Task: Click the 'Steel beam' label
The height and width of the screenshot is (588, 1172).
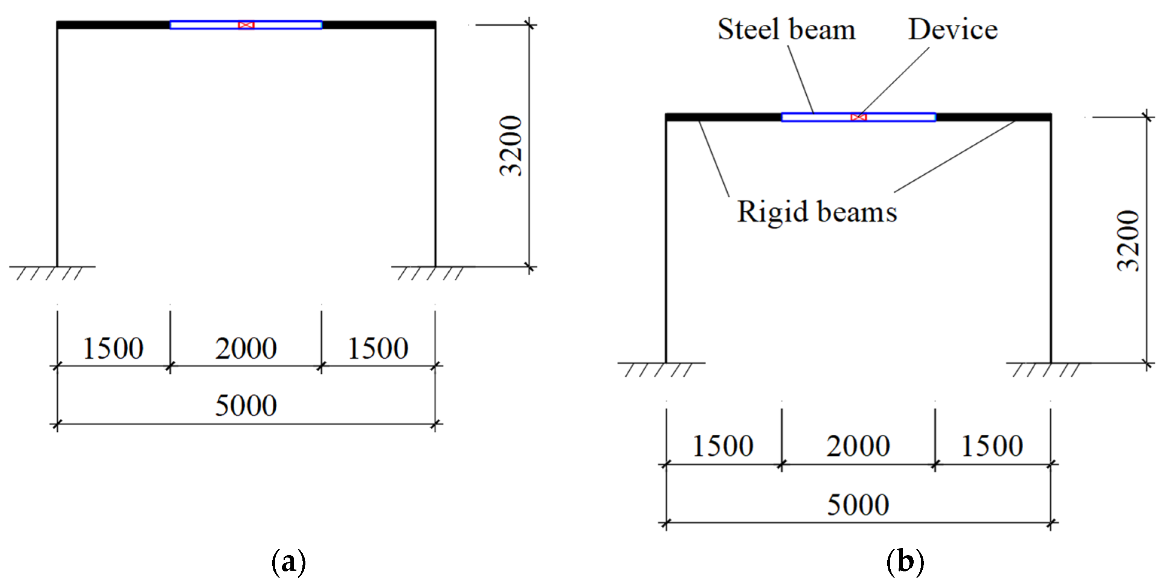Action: pos(786,30)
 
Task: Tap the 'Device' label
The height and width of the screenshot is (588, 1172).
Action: pos(953,30)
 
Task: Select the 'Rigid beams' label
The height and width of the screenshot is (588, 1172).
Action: pos(816,212)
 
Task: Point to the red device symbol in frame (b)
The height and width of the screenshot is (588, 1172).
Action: pos(858,118)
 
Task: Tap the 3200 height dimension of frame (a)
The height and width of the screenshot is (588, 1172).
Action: pos(510,146)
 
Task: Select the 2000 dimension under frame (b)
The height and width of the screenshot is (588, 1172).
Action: pos(858,446)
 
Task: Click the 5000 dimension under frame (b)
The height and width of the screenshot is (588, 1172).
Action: pos(858,505)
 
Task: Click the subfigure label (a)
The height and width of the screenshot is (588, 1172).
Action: pos(288,562)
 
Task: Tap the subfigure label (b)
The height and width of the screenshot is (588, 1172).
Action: pos(905,562)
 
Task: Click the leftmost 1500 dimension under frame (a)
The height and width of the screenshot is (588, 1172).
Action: pos(113,348)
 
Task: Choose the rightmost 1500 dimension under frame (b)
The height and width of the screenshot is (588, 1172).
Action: pos(992,446)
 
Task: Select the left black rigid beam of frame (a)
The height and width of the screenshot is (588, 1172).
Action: pos(113,25)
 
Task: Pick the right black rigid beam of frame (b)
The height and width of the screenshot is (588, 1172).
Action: pos(993,118)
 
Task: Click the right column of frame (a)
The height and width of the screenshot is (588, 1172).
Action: pos(435,146)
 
